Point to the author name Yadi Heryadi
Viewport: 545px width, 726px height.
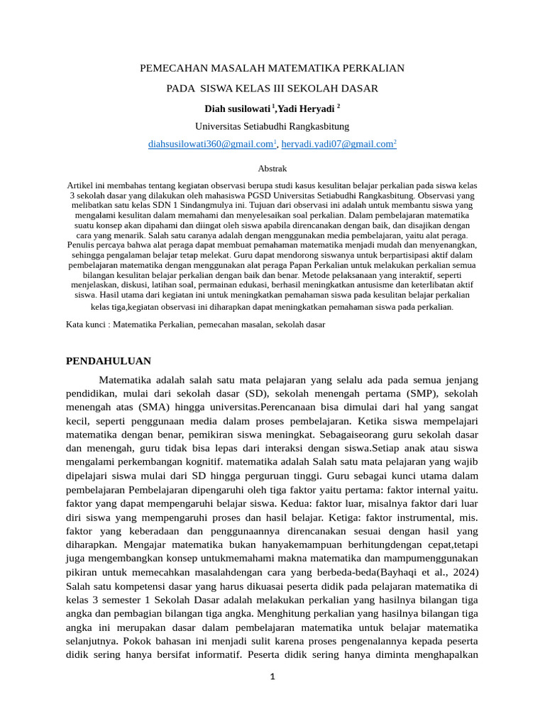pos(306,108)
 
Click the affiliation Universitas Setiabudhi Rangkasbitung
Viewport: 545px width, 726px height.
pos(272,126)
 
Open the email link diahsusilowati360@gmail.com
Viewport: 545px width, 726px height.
pos(211,144)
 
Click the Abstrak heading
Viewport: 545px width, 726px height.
pos(272,169)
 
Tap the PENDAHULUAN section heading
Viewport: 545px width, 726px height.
pos(109,361)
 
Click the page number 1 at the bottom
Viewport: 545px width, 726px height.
pos(272,676)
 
